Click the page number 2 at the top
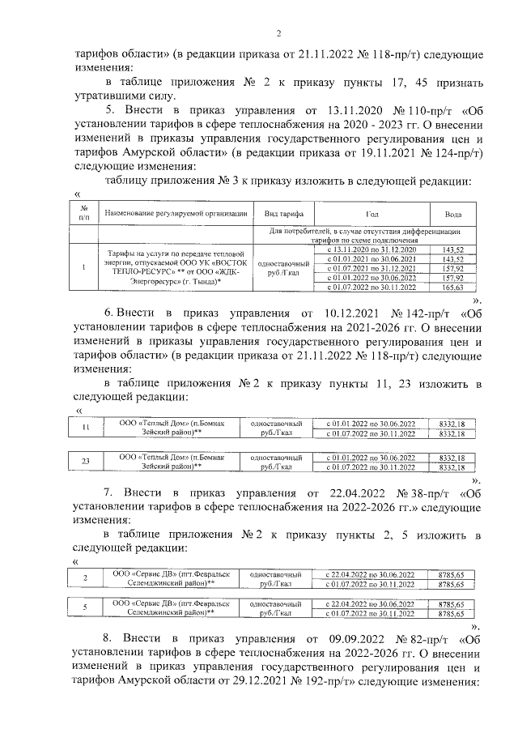pyautogui.click(x=278, y=33)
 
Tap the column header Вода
pyautogui.click(x=453, y=215)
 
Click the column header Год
pyautogui.click(x=372, y=215)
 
